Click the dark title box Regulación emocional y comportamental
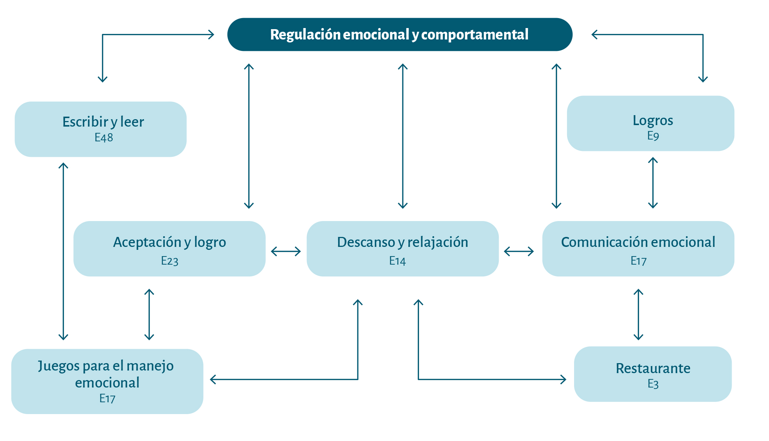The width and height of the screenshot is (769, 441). pos(400,34)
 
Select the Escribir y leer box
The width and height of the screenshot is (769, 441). pos(100,129)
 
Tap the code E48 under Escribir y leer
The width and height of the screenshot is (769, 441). pos(104,138)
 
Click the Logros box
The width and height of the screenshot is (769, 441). pos(650,123)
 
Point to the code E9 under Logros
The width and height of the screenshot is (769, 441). pos(653,136)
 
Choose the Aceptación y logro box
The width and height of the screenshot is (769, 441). pos(169,248)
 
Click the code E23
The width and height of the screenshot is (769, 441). pos(169,261)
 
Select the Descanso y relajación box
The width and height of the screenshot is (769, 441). pos(402,248)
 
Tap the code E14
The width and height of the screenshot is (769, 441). pos(397,261)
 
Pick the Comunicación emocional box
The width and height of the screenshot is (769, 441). pos(638,248)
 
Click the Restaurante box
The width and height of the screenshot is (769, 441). pos(653,373)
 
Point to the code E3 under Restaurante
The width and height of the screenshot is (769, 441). pos(653,384)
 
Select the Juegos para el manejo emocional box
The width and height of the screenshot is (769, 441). pos(107,381)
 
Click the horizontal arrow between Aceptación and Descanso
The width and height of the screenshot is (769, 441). pos(286,252)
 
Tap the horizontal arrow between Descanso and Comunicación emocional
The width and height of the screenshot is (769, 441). pos(519,252)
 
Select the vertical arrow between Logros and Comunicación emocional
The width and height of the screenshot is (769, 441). pos(653,183)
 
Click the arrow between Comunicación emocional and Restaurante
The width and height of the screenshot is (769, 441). pos(638,314)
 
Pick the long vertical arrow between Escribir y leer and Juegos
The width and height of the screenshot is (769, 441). pos(63,251)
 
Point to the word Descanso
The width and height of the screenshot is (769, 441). pos(366,242)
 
